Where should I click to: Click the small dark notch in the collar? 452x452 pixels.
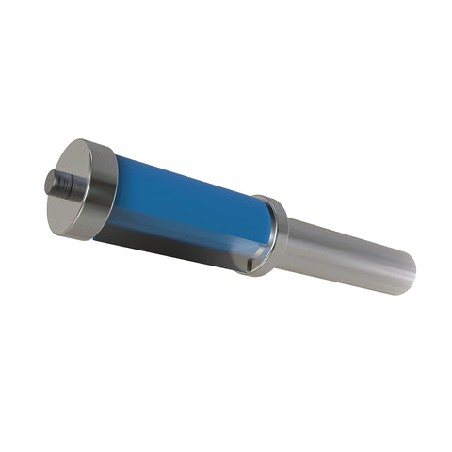tap(250, 266)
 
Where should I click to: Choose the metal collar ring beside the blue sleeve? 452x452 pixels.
tap(271, 235)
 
